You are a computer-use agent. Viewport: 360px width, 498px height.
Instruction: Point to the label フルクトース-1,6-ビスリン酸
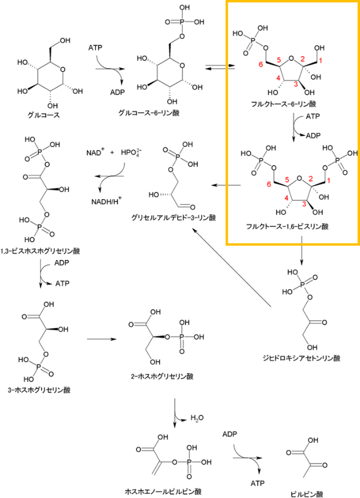[291, 226]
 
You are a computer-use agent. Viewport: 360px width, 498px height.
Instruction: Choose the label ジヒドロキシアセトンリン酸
[301, 359]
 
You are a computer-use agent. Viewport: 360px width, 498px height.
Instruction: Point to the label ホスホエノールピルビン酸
[163, 490]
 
